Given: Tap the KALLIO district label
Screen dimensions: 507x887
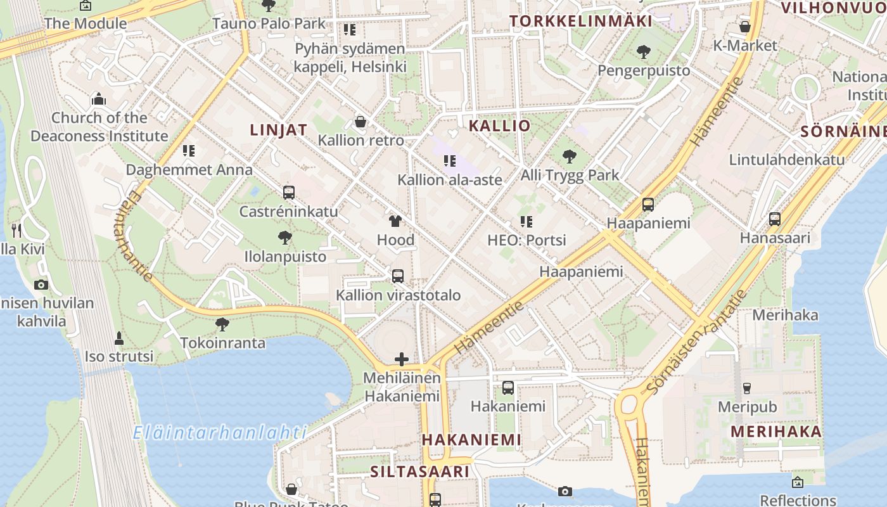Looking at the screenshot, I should point(499,125).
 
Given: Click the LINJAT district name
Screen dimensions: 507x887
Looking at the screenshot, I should point(279,130).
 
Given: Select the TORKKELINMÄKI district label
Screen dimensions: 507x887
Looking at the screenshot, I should point(581,21).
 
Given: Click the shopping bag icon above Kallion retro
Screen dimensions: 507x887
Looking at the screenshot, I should point(361,121).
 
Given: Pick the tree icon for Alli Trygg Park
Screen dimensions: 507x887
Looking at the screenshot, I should point(569,156).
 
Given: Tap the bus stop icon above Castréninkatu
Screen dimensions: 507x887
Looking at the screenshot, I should point(289,192).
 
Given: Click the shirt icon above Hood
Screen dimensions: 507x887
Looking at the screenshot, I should point(395,221).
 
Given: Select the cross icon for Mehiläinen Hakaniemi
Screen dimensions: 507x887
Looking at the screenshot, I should point(401,359).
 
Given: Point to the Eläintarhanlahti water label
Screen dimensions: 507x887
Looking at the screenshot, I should point(220,433).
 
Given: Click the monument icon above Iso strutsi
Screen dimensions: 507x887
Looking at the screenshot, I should point(118,338).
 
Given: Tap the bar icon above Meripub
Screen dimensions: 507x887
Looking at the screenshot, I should point(747,388).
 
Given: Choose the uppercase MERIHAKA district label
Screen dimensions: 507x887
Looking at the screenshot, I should point(776,432).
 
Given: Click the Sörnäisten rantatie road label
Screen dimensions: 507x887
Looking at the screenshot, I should point(696,343).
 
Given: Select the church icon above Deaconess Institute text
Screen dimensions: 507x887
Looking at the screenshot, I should point(98,99).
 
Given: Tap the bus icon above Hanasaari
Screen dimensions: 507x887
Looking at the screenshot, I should point(774,219).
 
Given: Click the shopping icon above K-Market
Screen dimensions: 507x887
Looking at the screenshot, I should point(745,27).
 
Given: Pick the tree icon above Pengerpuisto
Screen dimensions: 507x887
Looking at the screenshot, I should point(644,51).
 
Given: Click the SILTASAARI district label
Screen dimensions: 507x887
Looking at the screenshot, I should point(419,472).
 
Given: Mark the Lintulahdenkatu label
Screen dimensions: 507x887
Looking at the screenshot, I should point(787,159).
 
